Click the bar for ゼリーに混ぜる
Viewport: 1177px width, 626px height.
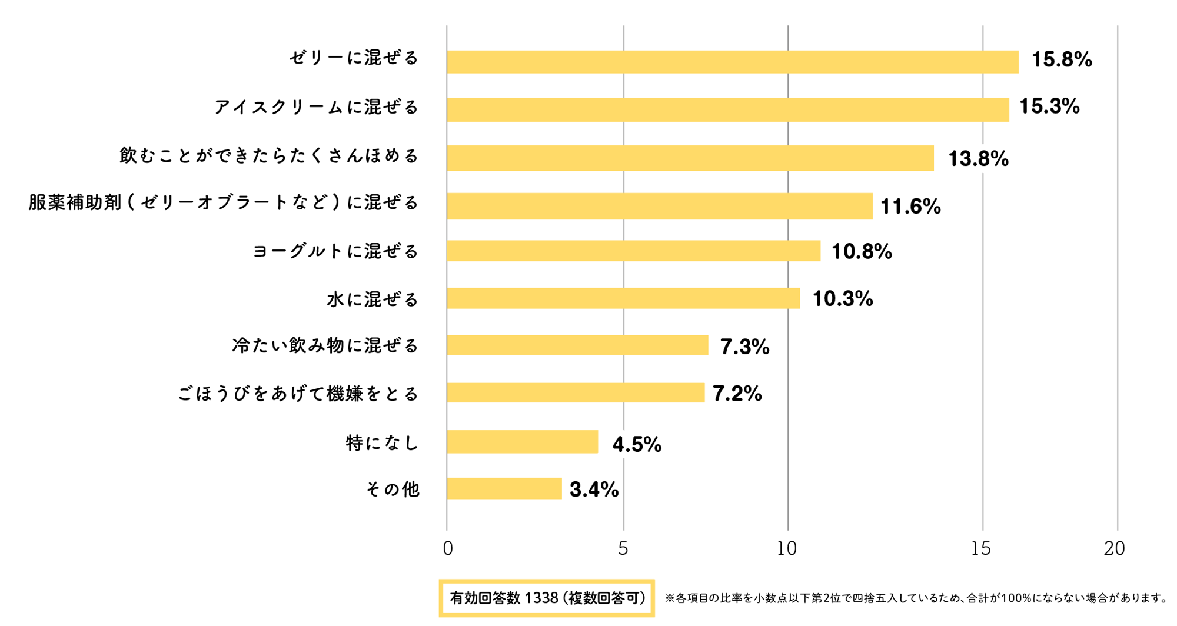point(732,62)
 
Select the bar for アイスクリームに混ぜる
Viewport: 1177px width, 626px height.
point(727,110)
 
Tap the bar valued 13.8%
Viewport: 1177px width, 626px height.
point(690,158)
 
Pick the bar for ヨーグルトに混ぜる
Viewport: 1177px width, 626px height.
point(633,251)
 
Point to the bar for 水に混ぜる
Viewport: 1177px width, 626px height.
point(623,298)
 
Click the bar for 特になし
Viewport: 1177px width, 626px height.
point(522,442)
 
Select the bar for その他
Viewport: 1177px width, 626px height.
point(504,488)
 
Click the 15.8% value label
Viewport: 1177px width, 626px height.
point(1062,59)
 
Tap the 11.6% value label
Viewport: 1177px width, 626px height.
point(910,207)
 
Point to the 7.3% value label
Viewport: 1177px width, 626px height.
point(744,347)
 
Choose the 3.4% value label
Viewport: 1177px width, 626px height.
point(594,490)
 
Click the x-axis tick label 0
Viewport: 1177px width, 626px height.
point(448,548)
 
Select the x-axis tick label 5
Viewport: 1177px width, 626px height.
point(623,548)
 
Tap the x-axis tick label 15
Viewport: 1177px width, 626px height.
point(981,548)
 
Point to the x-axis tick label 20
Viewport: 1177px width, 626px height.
point(1115,548)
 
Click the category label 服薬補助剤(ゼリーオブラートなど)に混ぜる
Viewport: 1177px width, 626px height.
point(224,203)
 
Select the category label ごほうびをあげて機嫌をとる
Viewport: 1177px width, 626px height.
point(298,394)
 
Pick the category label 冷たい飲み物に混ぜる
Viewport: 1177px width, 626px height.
point(325,345)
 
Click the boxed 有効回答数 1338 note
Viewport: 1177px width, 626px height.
point(547,598)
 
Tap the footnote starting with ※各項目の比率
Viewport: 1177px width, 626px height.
point(916,598)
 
